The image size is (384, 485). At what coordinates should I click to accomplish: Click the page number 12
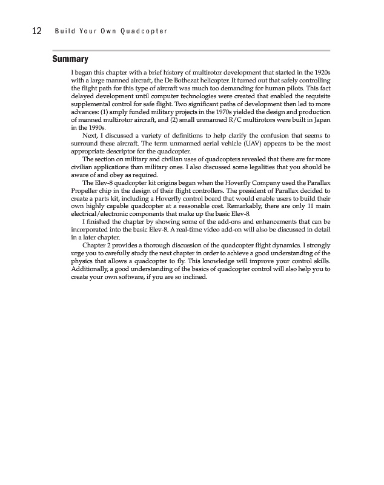pos(36,31)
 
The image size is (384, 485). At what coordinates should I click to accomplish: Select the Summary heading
pos(70,59)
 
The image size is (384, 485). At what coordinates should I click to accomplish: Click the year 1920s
pos(321,73)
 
